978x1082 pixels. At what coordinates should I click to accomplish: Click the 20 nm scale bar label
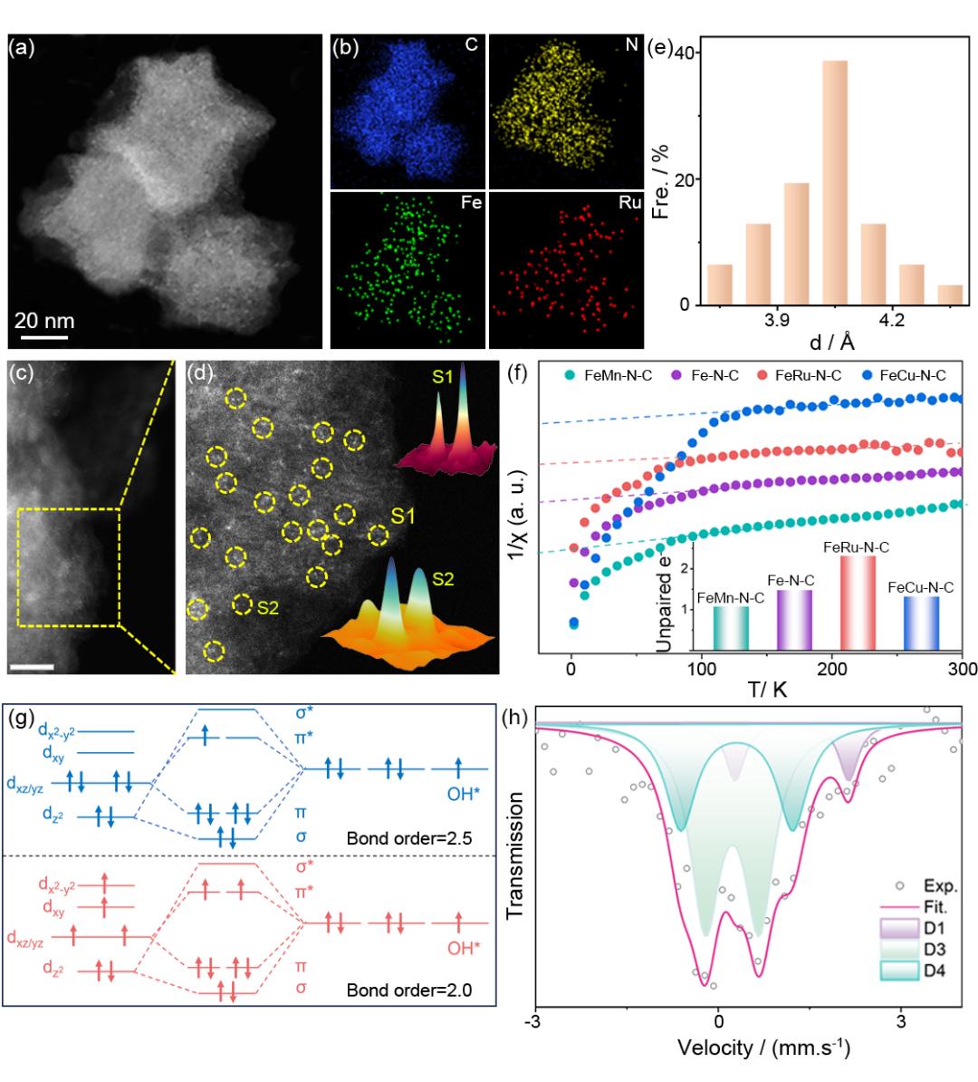coord(44,321)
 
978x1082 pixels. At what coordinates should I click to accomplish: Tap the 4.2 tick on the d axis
coord(892,320)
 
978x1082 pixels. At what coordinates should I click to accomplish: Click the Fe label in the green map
coord(471,204)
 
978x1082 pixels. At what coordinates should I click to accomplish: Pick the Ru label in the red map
coord(629,204)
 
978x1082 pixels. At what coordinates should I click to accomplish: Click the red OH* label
coord(465,949)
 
